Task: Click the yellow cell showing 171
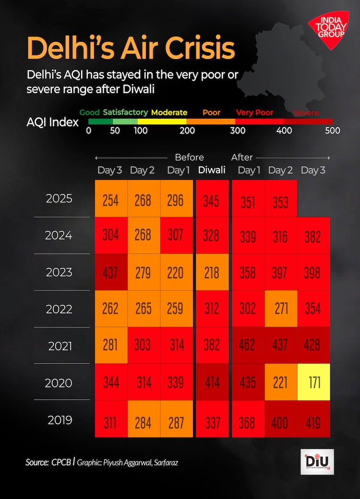tap(313, 382)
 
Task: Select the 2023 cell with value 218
tap(212, 272)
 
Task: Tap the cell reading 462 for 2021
tap(248, 345)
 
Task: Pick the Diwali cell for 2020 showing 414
tap(212, 382)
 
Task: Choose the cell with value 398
tap(313, 272)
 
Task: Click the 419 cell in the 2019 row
tap(313, 423)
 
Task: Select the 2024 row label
tap(59, 235)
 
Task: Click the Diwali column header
tap(212, 170)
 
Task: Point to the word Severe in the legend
tap(306, 113)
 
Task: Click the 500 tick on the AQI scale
tap(332, 131)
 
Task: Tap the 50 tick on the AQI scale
tap(115, 131)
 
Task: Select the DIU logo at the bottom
tap(317, 462)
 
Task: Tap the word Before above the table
tap(189, 157)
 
